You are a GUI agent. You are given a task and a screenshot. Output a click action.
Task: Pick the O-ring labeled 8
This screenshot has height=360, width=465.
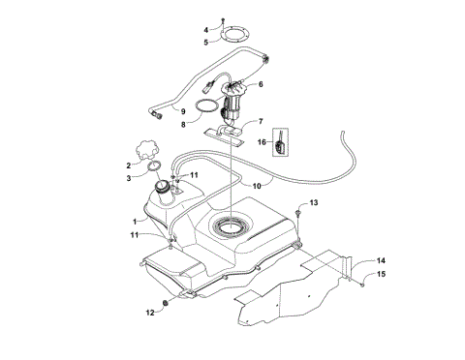point(205,105)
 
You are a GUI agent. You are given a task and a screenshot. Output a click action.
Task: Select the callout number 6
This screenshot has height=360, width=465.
point(260,84)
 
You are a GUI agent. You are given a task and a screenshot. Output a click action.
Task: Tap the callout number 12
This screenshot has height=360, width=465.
point(150,312)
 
